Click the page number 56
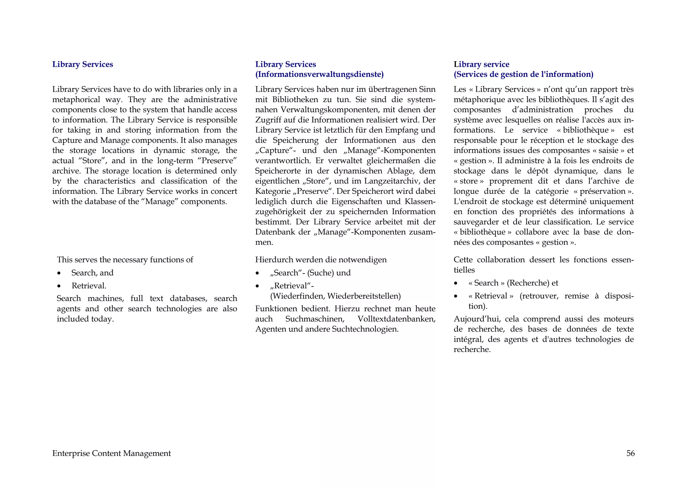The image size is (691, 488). [x=630, y=453]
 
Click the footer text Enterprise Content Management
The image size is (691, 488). [x=111, y=453]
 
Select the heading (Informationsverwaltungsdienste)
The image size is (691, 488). [x=319, y=74]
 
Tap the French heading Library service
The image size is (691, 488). [x=481, y=64]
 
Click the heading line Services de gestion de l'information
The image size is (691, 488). [x=523, y=74]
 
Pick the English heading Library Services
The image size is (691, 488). [x=83, y=64]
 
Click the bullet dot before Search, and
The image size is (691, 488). [x=59, y=273]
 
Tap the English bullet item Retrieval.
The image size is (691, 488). [x=89, y=286]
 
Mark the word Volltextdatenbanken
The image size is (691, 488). [x=396, y=319]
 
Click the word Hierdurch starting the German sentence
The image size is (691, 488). [x=274, y=260]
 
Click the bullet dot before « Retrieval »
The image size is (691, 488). [x=456, y=296]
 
